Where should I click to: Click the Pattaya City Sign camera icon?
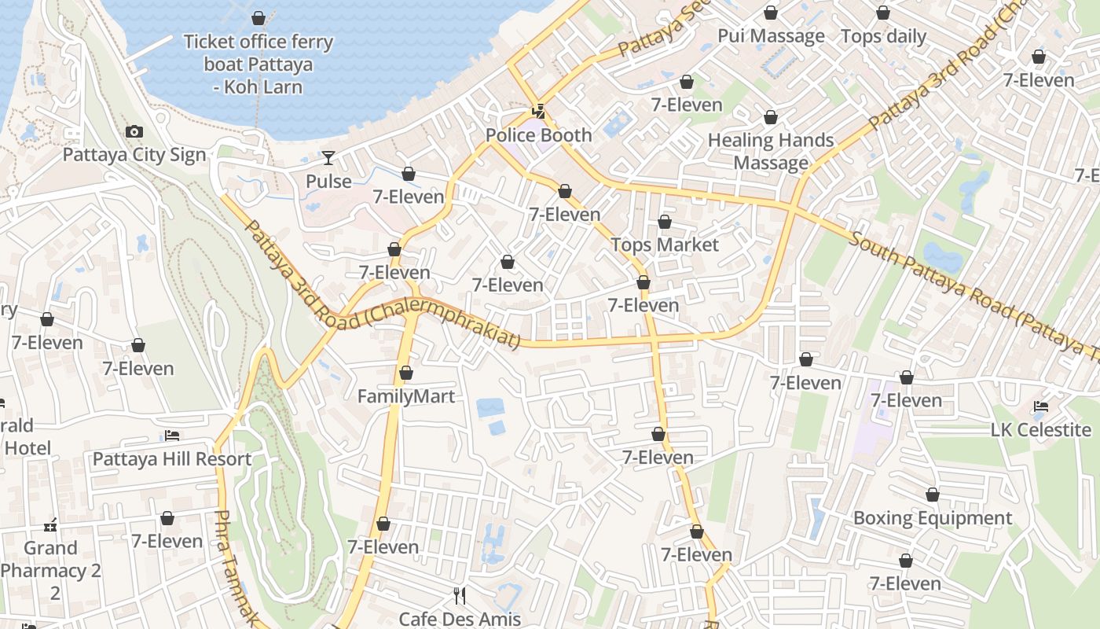pos(134,132)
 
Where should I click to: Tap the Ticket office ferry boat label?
pos(258,64)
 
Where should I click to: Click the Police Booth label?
pos(538,135)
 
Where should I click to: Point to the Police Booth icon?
pos(538,112)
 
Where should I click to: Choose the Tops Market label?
pos(665,245)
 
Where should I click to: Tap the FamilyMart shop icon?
pos(406,373)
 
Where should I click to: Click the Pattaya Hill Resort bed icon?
pos(172,436)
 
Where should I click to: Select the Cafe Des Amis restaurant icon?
pos(460,596)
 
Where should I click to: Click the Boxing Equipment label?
pos(932,518)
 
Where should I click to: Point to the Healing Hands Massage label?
pos(771,152)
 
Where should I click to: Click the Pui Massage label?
pos(771,36)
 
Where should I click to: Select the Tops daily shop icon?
pos(883,13)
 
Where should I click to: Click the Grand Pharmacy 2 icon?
pos(51,525)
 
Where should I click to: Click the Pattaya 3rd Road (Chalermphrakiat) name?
pos(383,285)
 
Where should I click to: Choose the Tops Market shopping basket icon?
pos(665,223)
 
